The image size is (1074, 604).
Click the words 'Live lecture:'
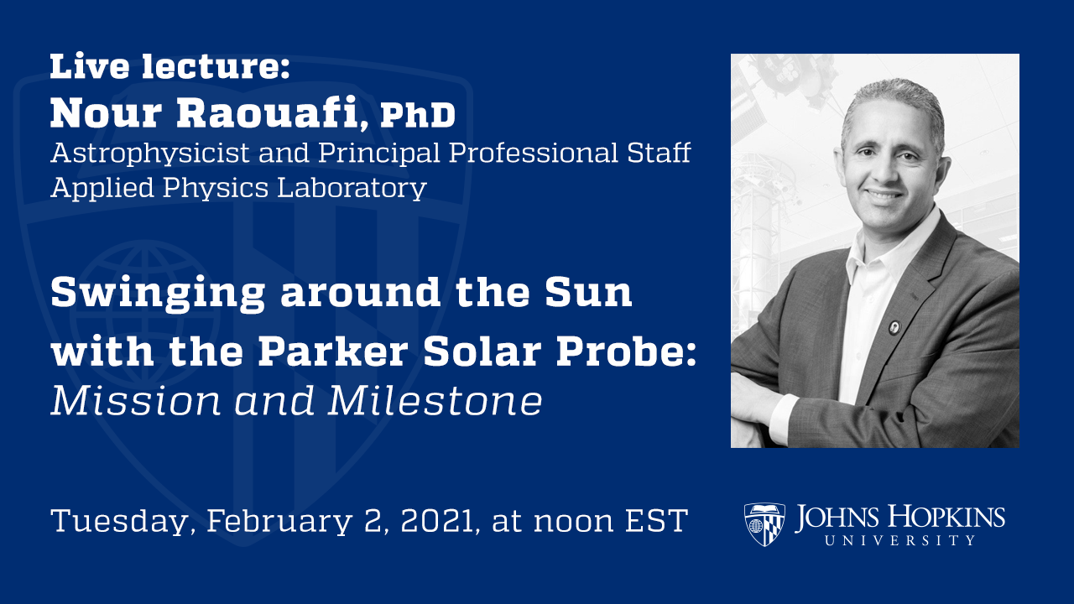(x=169, y=67)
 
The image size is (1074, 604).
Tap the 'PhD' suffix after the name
(x=417, y=116)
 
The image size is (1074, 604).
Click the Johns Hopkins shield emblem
(x=764, y=524)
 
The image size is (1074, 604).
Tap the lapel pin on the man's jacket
(x=894, y=326)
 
